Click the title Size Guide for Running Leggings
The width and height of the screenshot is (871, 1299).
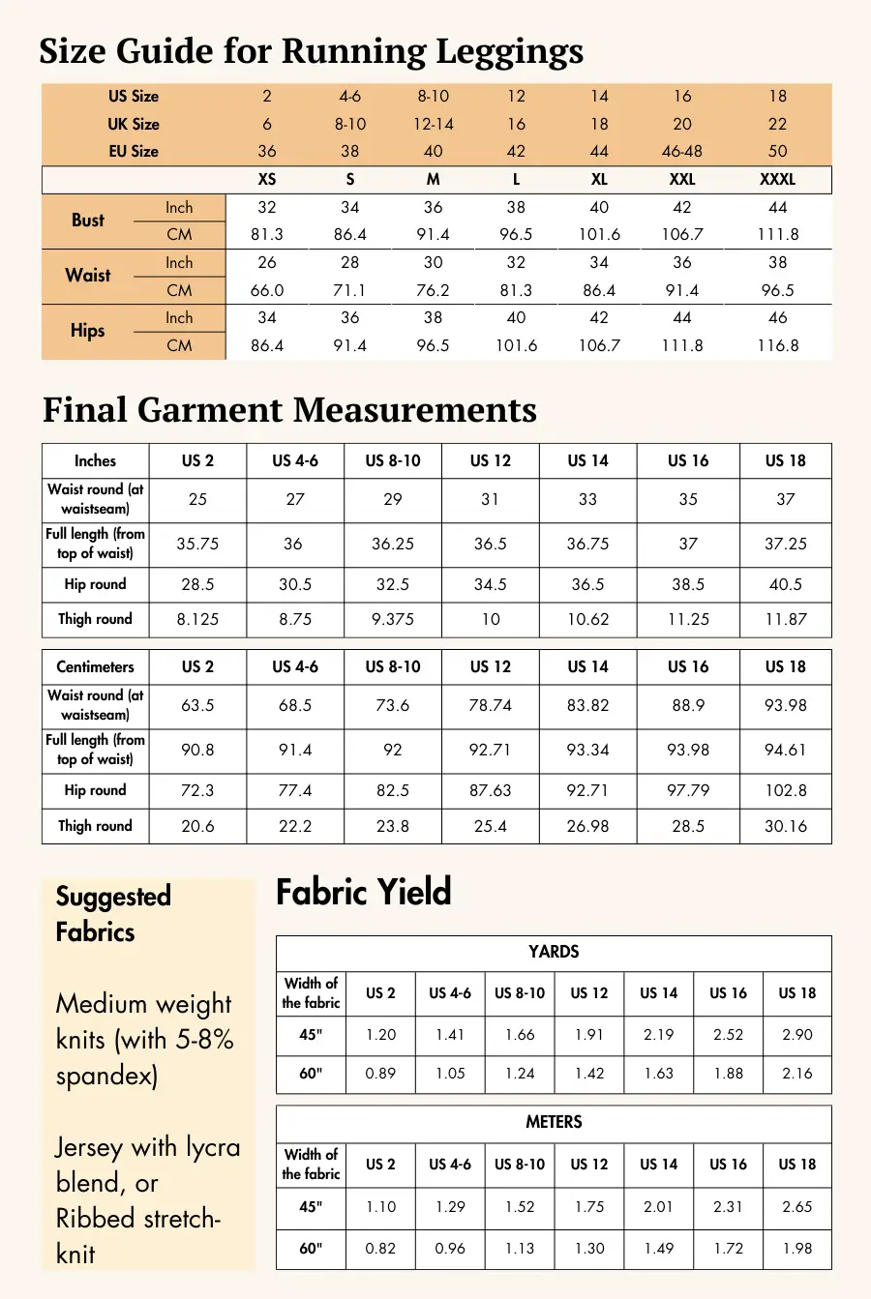(x=311, y=50)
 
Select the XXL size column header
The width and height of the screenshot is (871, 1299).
(x=682, y=180)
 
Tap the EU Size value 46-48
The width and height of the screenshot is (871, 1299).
(x=682, y=152)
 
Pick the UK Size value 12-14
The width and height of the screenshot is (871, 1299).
(x=433, y=124)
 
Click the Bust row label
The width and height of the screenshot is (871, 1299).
(x=87, y=221)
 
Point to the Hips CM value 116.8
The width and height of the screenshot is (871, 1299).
(x=778, y=345)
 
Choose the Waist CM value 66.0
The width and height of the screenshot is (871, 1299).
(x=267, y=290)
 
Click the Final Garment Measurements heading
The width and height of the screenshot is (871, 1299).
(x=289, y=410)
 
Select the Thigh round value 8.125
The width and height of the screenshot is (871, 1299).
(x=197, y=620)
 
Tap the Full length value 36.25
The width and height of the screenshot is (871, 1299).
(x=393, y=545)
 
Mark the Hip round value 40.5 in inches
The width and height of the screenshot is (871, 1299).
(x=785, y=585)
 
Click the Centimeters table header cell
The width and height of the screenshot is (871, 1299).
(x=95, y=667)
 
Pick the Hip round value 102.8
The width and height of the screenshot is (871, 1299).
(x=785, y=791)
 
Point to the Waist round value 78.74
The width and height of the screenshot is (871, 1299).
(x=490, y=706)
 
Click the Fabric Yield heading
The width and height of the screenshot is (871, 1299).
(x=364, y=892)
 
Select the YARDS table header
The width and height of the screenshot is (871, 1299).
(x=554, y=953)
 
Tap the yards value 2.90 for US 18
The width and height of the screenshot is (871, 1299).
(x=797, y=1035)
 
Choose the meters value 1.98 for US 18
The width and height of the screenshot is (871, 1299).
(x=797, y=1249)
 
